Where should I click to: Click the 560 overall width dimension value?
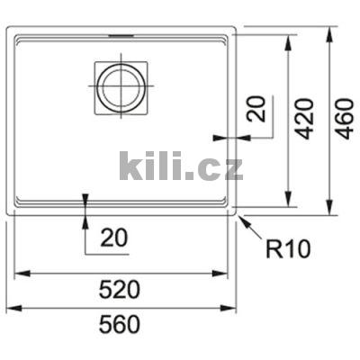(x=120, y=325)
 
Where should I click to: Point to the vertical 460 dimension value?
(x=343, y=119)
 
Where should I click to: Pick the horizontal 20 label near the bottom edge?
(x=113, y=238)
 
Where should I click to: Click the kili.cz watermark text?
(x=181, y=166)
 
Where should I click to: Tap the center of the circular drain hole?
(x=119, y=87)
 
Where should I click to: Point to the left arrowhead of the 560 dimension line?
(x=11, y=308)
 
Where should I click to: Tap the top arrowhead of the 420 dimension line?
(x=288, y=40)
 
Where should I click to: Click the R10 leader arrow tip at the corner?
(x=239, y=213)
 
